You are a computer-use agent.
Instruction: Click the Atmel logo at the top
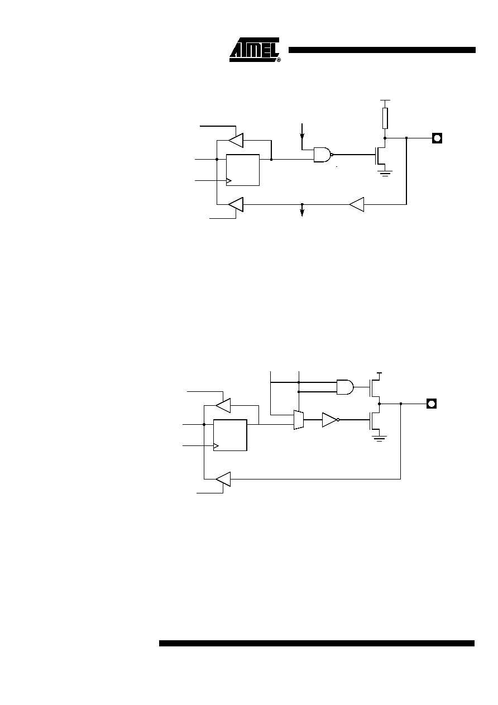tap(254, 50)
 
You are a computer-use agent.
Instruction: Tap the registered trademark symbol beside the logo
tap(279, 60)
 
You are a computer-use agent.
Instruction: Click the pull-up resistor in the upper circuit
tap(385, 118)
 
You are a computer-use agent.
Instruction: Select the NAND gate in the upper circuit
tap(323, 155)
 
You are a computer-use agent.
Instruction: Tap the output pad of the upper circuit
tap(437, 138)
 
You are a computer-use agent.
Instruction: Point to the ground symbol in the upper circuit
tap(385, 174)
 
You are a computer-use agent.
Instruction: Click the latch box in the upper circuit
tap(243, 170)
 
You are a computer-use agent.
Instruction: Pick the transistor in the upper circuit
tap(380, 155)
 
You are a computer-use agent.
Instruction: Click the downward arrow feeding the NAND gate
tap(302, 131)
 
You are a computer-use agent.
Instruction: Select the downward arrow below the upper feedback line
tap(302, 210)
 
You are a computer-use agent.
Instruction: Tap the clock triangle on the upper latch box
tap(229, 181)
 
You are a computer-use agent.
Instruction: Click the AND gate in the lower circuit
tap(345, 387)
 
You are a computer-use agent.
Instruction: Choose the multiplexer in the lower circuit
tap(299, 420)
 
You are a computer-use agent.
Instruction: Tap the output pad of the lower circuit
tap(432, 404)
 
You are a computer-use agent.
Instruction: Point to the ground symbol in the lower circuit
tap(379, 439)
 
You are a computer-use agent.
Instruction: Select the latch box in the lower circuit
tap(230, 435)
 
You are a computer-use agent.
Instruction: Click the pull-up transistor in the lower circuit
tap(375, 387)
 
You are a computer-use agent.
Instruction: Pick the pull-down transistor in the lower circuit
tap(375, 420)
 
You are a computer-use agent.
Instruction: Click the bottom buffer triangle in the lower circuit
tap(223, 479)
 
